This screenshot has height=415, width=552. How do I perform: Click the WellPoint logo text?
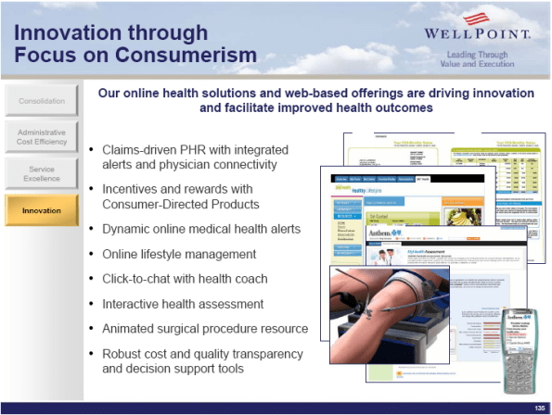[477, 35]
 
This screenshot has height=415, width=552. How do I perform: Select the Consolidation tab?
[42, 100]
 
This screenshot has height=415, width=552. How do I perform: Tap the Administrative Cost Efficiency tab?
[42, 136]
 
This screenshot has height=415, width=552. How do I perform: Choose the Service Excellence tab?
[42, 174]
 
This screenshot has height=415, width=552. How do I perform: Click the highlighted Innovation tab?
[42, 210]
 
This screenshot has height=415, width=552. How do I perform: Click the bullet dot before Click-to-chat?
[90, 279]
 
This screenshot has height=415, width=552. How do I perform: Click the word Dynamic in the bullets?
[125, 228]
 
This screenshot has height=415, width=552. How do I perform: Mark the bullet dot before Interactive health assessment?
[90, 304]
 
